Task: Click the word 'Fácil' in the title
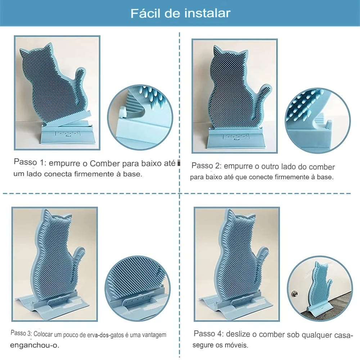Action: [146, 13]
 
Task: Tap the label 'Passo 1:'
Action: [30, 162]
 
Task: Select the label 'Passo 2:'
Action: [206, 166]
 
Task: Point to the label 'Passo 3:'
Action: [21, 333]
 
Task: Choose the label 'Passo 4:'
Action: [208, 333]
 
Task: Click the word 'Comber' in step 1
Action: [105, 163]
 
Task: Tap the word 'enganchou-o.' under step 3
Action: [35, 345]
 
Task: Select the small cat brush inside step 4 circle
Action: [320, 289]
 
